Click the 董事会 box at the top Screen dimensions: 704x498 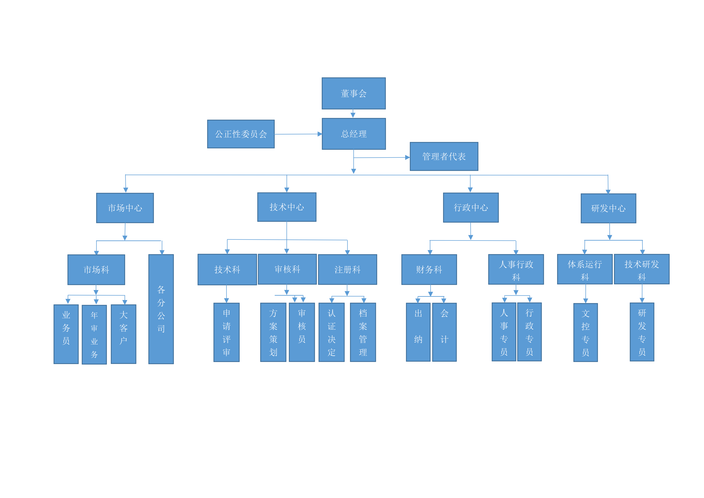(354, 93)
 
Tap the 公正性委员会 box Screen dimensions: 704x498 (241, 134)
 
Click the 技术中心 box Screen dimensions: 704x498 (287, 207)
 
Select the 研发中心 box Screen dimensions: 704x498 (608, 208)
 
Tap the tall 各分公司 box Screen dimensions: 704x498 (161, 309)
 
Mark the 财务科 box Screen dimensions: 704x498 (429, 269)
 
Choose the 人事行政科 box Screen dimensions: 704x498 (516, 269)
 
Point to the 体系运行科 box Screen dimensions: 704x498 (585, 269)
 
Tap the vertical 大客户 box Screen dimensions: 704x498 (124, 334)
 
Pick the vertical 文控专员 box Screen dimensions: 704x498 (586, 332)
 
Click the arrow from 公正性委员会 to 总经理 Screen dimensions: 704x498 (298, 134)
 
